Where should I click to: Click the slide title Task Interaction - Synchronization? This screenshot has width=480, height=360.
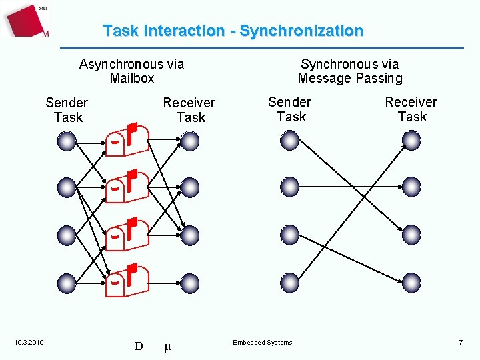(x=233, y=31)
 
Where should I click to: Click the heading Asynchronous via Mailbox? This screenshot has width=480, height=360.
(x=131, y=71)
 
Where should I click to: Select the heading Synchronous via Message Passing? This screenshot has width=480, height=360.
(x=350, y=71)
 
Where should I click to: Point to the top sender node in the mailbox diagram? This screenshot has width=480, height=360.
(x=67, y=141)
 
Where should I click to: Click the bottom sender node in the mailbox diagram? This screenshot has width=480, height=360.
(x=67, y=283)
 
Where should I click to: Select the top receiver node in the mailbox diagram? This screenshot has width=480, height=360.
(x=190, y=141)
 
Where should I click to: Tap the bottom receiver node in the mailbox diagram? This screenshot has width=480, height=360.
(x=190, y=283)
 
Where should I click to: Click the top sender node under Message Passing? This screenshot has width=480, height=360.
(x=290, y=140)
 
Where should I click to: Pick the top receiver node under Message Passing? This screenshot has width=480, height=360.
(x=412, y=140)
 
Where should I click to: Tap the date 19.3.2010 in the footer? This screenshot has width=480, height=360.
(x=29, y=343)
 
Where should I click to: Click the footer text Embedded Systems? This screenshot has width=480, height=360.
(x=262, y=343)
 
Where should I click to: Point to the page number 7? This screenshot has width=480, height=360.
(x=460, y=342)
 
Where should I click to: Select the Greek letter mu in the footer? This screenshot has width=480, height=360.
(x=167, y=347)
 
